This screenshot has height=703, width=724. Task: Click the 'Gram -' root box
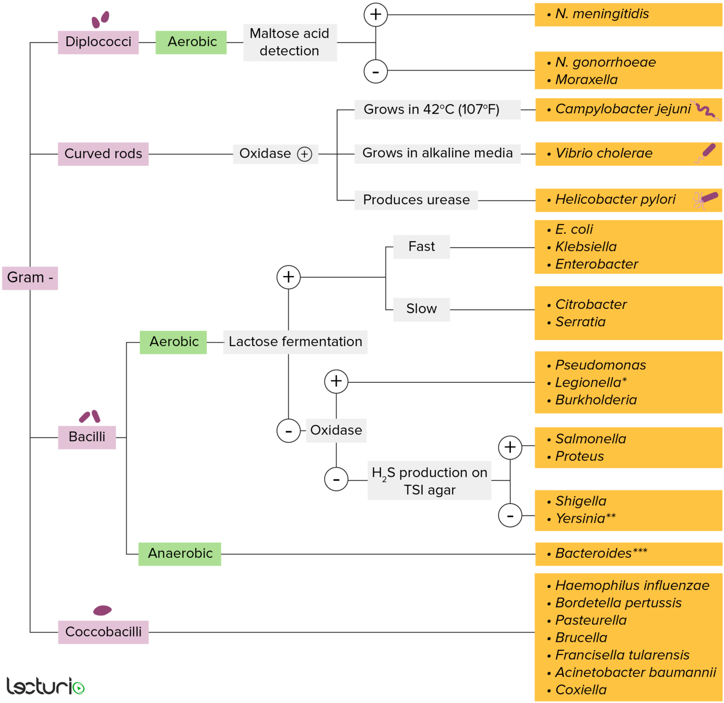click(x=30, y=278)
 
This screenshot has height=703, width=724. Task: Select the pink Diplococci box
click(x=98, y=42)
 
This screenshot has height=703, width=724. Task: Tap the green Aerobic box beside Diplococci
click(x=191, y=42)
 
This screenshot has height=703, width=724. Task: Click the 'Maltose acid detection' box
click(x=289, y=42)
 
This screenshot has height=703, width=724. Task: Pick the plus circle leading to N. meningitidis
click(x=375, y=15)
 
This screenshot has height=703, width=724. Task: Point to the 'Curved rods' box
click(x=103, y=154)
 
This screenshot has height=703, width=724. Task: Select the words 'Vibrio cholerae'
click(x=603, y=153)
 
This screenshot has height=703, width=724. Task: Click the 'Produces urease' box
click(x=416, y=200)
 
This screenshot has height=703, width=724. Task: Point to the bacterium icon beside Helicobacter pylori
click(x=706, y=199)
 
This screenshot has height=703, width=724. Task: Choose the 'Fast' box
click(x=421, y=247)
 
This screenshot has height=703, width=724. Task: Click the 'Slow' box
click(x=421, y=309)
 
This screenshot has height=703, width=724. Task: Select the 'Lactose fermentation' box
click(x=295, y=342)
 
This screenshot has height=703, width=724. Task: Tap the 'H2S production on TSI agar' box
click(x=429, y=481)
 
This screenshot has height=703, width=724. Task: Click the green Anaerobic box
click(x=180, y=554)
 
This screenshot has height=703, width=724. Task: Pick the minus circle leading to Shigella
click(x=510, y=515)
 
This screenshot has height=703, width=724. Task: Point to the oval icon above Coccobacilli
click(x=102, y=611)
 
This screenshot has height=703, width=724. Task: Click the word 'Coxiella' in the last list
click(x=581, y=690)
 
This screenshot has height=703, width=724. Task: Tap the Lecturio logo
click(x=45, y=686)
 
